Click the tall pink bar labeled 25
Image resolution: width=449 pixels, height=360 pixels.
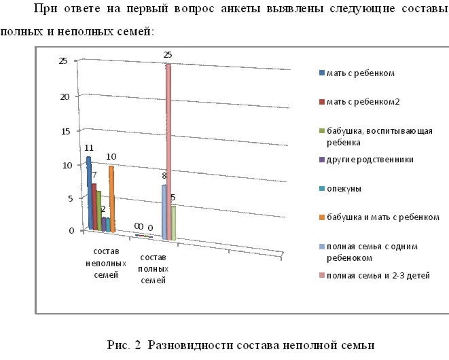pos(167,149)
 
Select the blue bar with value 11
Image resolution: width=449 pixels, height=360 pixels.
pos(88,194)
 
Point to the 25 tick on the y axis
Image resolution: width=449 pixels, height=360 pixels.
pos(62,61)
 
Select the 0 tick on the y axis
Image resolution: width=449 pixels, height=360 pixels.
pos(70,231)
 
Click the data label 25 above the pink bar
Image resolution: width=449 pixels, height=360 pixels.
pos(168,54)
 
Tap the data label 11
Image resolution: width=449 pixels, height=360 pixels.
pos(88,147)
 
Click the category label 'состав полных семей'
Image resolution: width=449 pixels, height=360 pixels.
pos(152,269)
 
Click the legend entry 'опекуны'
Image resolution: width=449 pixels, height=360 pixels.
pos(343,187)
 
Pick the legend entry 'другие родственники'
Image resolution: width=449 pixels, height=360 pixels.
pos(370,159)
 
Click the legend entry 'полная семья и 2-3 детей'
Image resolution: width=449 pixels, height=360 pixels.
pos(378,275)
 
